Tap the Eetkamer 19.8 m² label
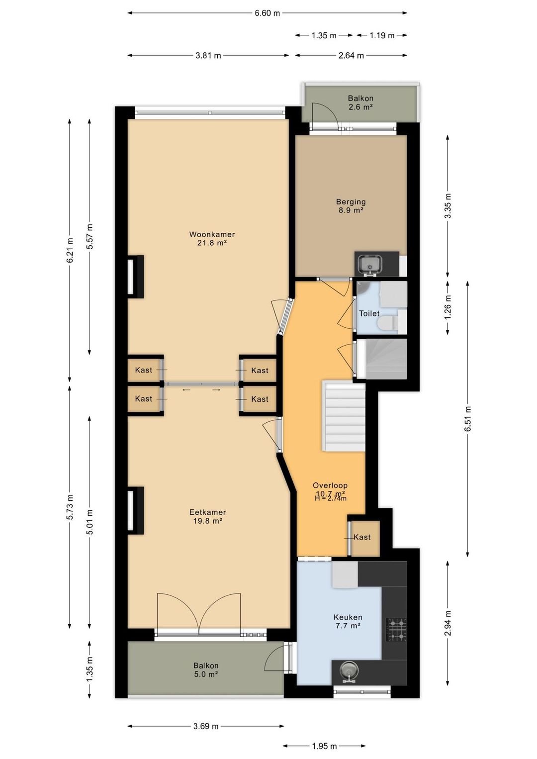(207, 516)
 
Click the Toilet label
(369, 313)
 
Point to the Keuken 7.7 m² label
(348, 621)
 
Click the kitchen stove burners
(396, 630)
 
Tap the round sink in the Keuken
(349, 670)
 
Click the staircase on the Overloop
(344, 416)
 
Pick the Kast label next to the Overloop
(362, 537)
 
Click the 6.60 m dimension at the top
(267, 13)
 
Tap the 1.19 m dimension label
(382, 35)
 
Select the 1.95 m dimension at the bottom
(324, 746)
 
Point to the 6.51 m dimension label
(468, 419)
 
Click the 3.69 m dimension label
(206, 726)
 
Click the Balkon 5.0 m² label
(206, 670)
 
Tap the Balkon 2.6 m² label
(360, 102)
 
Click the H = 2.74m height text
(331, 498)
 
